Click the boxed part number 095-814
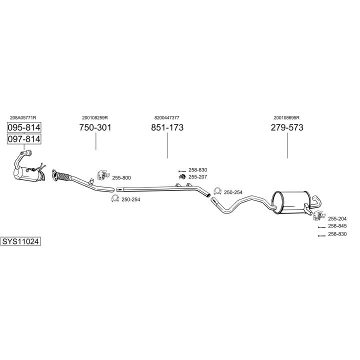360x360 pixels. point(24,127)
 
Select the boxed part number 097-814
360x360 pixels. point(24,139)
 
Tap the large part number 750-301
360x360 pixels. point(95,127)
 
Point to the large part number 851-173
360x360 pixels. point(167,127)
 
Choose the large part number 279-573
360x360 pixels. point(287,127)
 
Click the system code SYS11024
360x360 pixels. point(20,241)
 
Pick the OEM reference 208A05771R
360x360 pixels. point(23,118)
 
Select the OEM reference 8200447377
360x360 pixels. point(167,118)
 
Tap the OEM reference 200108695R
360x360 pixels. point(286,118)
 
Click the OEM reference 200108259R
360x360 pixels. point(95,118)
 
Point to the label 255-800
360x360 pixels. point(121,177)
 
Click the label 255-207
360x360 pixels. point(197,177)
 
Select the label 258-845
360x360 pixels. point(337,226)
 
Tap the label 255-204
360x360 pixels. point(337,218)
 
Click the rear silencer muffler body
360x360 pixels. point(291,202)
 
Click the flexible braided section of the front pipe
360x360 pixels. point(63,177)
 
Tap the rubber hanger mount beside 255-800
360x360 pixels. point(103,175)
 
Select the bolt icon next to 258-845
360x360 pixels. point(321,227)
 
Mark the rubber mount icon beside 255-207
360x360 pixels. point(182,177)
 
